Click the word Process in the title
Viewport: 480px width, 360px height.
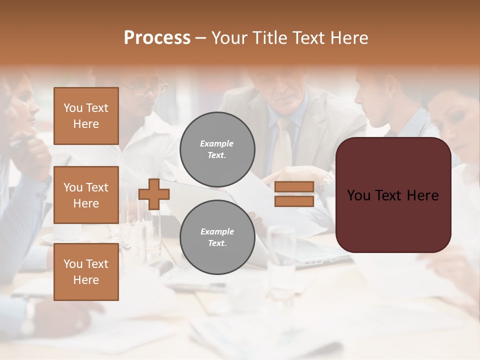click(157, 38)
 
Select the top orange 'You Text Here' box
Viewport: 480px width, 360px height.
click(86, 116)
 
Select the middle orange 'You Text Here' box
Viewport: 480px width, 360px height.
click(86, 195)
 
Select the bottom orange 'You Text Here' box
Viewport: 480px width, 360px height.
click(86, 272)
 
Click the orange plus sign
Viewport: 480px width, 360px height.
click(154, 194)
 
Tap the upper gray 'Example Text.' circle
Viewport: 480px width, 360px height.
click(217, 149)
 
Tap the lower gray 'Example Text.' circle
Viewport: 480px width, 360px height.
click(217, 237)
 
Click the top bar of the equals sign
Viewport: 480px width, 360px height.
click(294, 187)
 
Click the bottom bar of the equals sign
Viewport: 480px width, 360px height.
click(294, 201)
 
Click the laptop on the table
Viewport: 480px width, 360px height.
click(320, 252)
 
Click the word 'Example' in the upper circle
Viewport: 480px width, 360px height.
click(217, 143)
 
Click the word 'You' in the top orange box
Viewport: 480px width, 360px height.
click(73, 108)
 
